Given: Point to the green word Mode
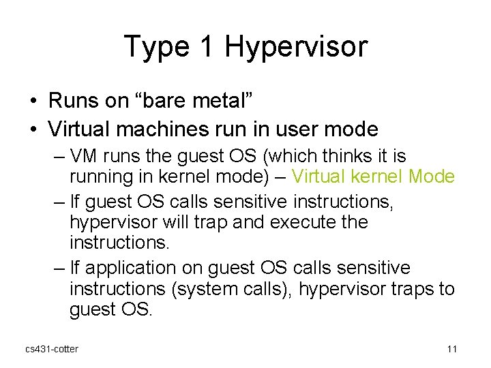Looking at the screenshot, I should click(x=432, y=177).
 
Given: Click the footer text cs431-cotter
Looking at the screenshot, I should click(x=52, y=350).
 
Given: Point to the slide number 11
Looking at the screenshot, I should click(x=451, y=350).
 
